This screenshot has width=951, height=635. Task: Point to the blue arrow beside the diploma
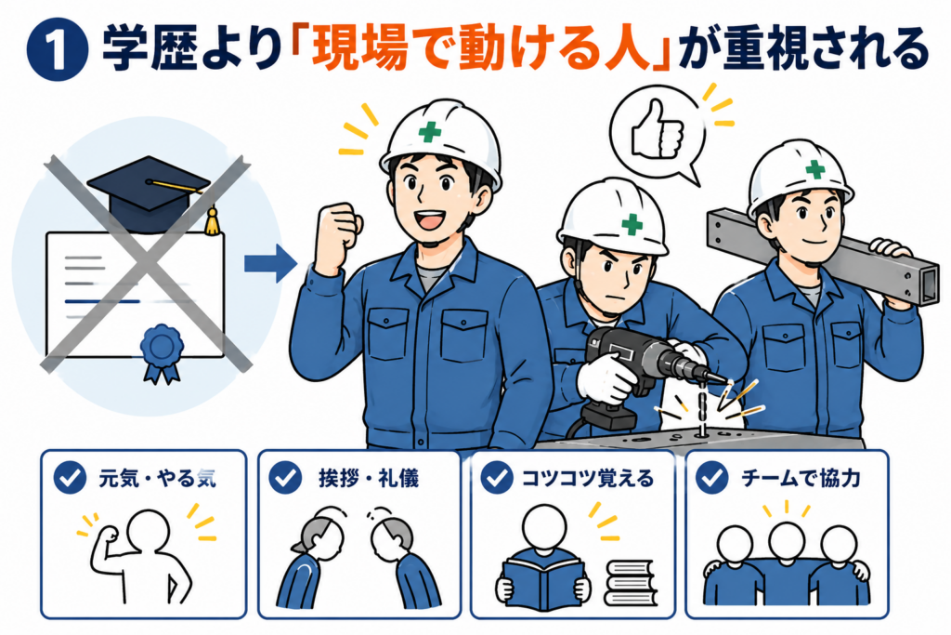(270, 263)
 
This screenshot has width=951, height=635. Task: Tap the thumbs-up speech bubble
(658, 134)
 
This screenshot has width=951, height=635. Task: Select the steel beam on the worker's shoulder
(822, 255)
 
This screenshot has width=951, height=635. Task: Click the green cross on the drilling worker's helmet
(632, 224)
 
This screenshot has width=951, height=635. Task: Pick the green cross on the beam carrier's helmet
(814, 169)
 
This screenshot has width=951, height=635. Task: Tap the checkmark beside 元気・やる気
(70, 477)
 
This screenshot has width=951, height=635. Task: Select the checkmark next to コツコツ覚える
(497, 477)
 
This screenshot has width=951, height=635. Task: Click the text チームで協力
(801, 478)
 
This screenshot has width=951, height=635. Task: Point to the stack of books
(631, 583)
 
